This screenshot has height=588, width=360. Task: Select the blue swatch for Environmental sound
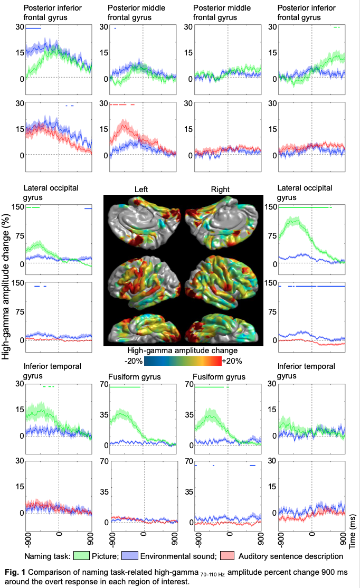click(129, 556)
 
